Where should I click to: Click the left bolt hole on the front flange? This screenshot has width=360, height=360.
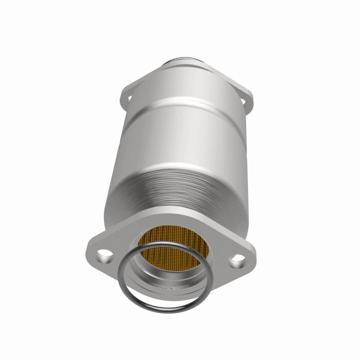[x=105, y=256]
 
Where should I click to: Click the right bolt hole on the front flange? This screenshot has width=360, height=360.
[x=237, y=259]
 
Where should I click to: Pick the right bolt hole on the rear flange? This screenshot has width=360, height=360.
[x=244, y=102]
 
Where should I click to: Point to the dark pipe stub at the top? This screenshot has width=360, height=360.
[x=183, y=63]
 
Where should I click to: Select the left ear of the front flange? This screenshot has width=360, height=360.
[x=97, y=252]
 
